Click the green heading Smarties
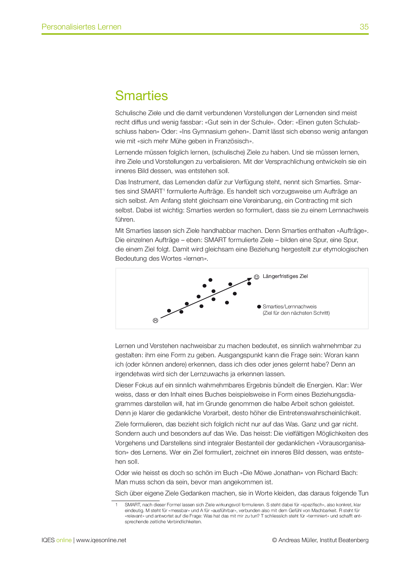(142, 96)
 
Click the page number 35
(364, 27)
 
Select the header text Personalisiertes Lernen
(81, 27)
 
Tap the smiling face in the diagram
(256, 277)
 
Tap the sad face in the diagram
(156, 320)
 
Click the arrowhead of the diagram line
(250, 279)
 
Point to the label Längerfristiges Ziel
(285, 276)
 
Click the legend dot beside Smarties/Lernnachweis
(259, 307)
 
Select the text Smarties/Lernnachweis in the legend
(289, 307)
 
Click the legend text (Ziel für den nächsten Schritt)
(296, 313)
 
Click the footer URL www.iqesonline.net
(101, 540)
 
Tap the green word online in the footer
(64, 540)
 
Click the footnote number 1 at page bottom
(117, 505)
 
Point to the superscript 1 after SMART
(164, 190)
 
